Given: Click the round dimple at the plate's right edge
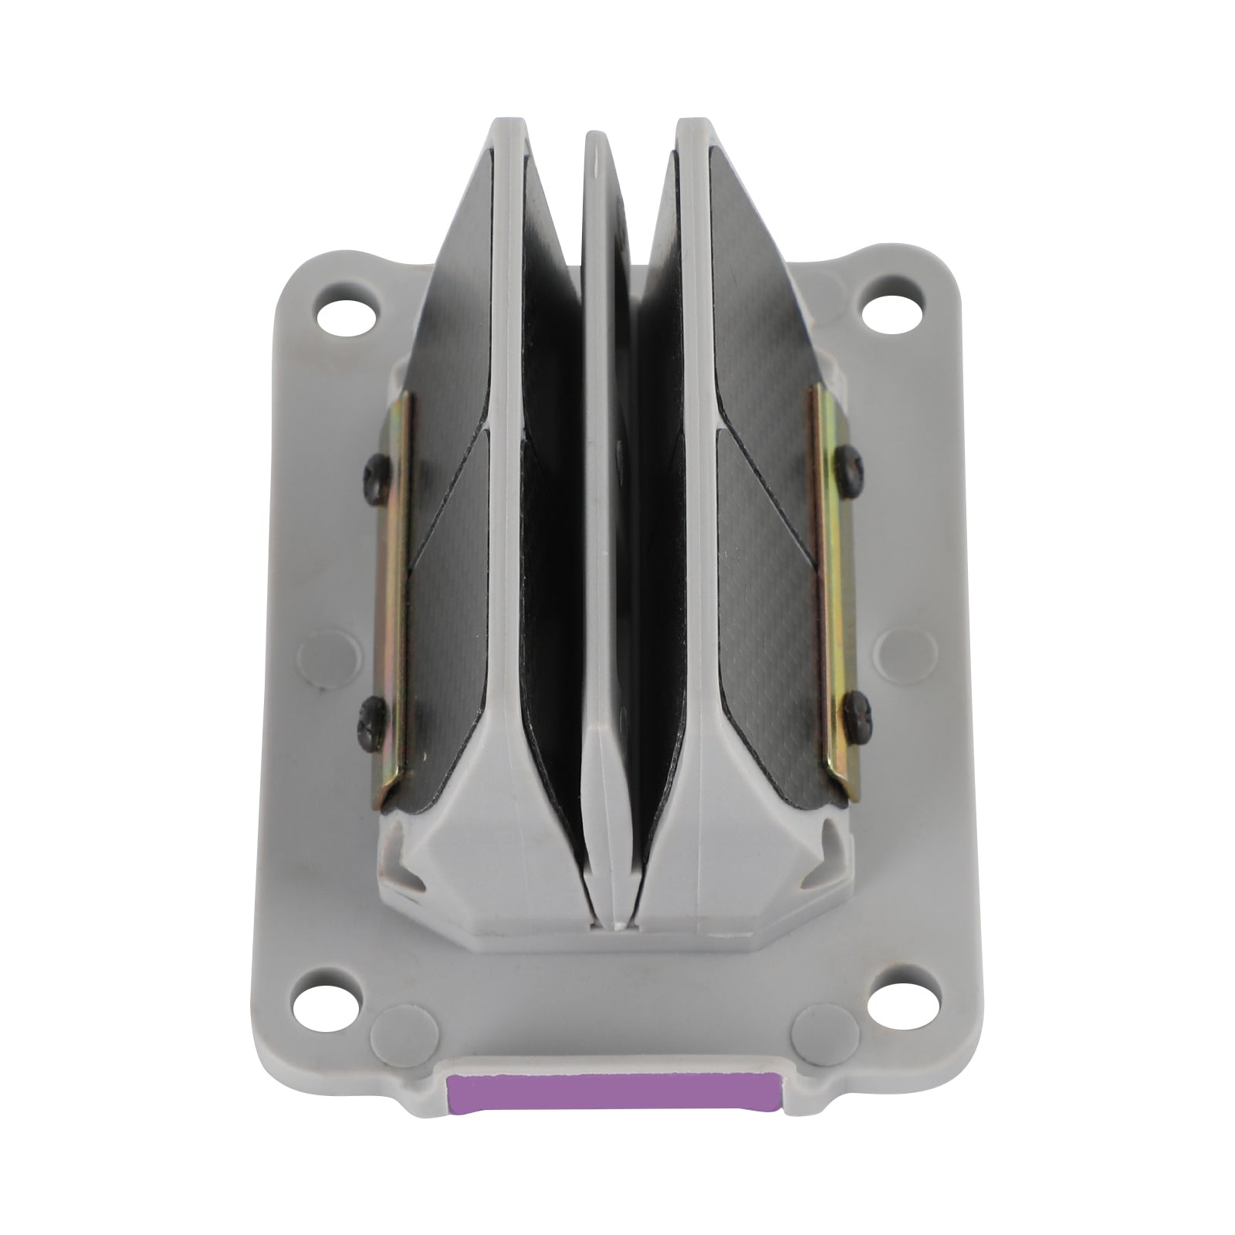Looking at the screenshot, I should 896,644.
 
